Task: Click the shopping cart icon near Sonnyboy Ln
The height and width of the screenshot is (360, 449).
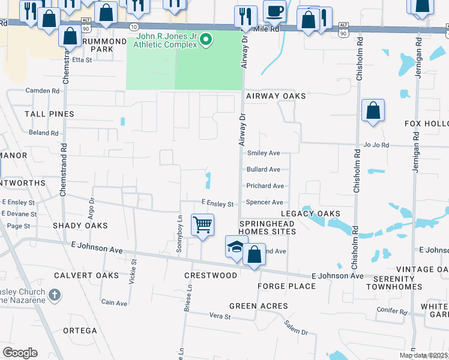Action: click(203, 226)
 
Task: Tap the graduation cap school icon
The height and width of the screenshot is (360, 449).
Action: click(237, 246)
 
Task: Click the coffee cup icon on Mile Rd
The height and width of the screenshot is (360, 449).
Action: click(275, 11)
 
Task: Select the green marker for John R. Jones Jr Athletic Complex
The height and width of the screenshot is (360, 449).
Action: click(206, 40)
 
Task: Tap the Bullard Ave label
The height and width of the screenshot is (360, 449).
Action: click(264, 170)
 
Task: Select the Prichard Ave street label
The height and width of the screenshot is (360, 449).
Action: click(265, 186)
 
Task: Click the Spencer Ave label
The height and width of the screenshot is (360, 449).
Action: click(265, 203)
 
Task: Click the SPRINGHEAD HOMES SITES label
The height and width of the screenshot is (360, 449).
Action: click(267, 228)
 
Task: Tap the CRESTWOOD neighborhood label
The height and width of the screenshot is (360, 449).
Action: click(211, 275)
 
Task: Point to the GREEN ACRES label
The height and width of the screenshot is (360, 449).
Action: click(259, 306)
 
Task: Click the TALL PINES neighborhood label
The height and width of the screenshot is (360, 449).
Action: click(49, 114)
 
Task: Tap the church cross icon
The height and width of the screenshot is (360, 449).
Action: click(54, 295)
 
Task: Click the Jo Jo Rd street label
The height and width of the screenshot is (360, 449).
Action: click(376, 145)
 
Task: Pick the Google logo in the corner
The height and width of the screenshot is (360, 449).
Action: click(20, 353)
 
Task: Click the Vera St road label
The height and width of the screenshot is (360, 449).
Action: click(220, 316)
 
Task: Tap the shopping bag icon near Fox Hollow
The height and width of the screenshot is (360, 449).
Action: click(373, 111)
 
